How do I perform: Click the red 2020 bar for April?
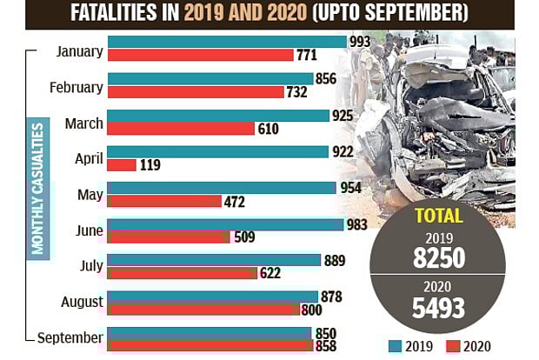(x=122, y=164)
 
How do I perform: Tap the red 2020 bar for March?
(x=180, y=128)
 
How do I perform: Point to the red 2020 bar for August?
(x=203, y=309)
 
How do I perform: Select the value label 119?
(x=150, y=165)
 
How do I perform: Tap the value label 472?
(x=235, y=202)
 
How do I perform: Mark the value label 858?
(x=328, y=345)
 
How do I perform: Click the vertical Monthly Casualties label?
(x=37, y=189)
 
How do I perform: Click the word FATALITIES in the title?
(x=126, y=15)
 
